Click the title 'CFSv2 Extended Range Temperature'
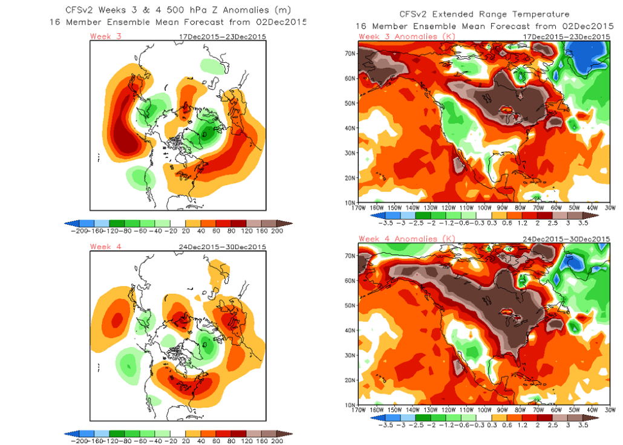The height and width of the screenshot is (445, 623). [x=484, y=14]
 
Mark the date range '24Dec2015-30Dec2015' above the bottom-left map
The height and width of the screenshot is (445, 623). [x=223, y=247]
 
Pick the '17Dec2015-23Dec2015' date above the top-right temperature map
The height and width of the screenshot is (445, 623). [x=567, y=36]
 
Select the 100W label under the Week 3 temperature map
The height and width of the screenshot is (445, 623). [x=484, y=209]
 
